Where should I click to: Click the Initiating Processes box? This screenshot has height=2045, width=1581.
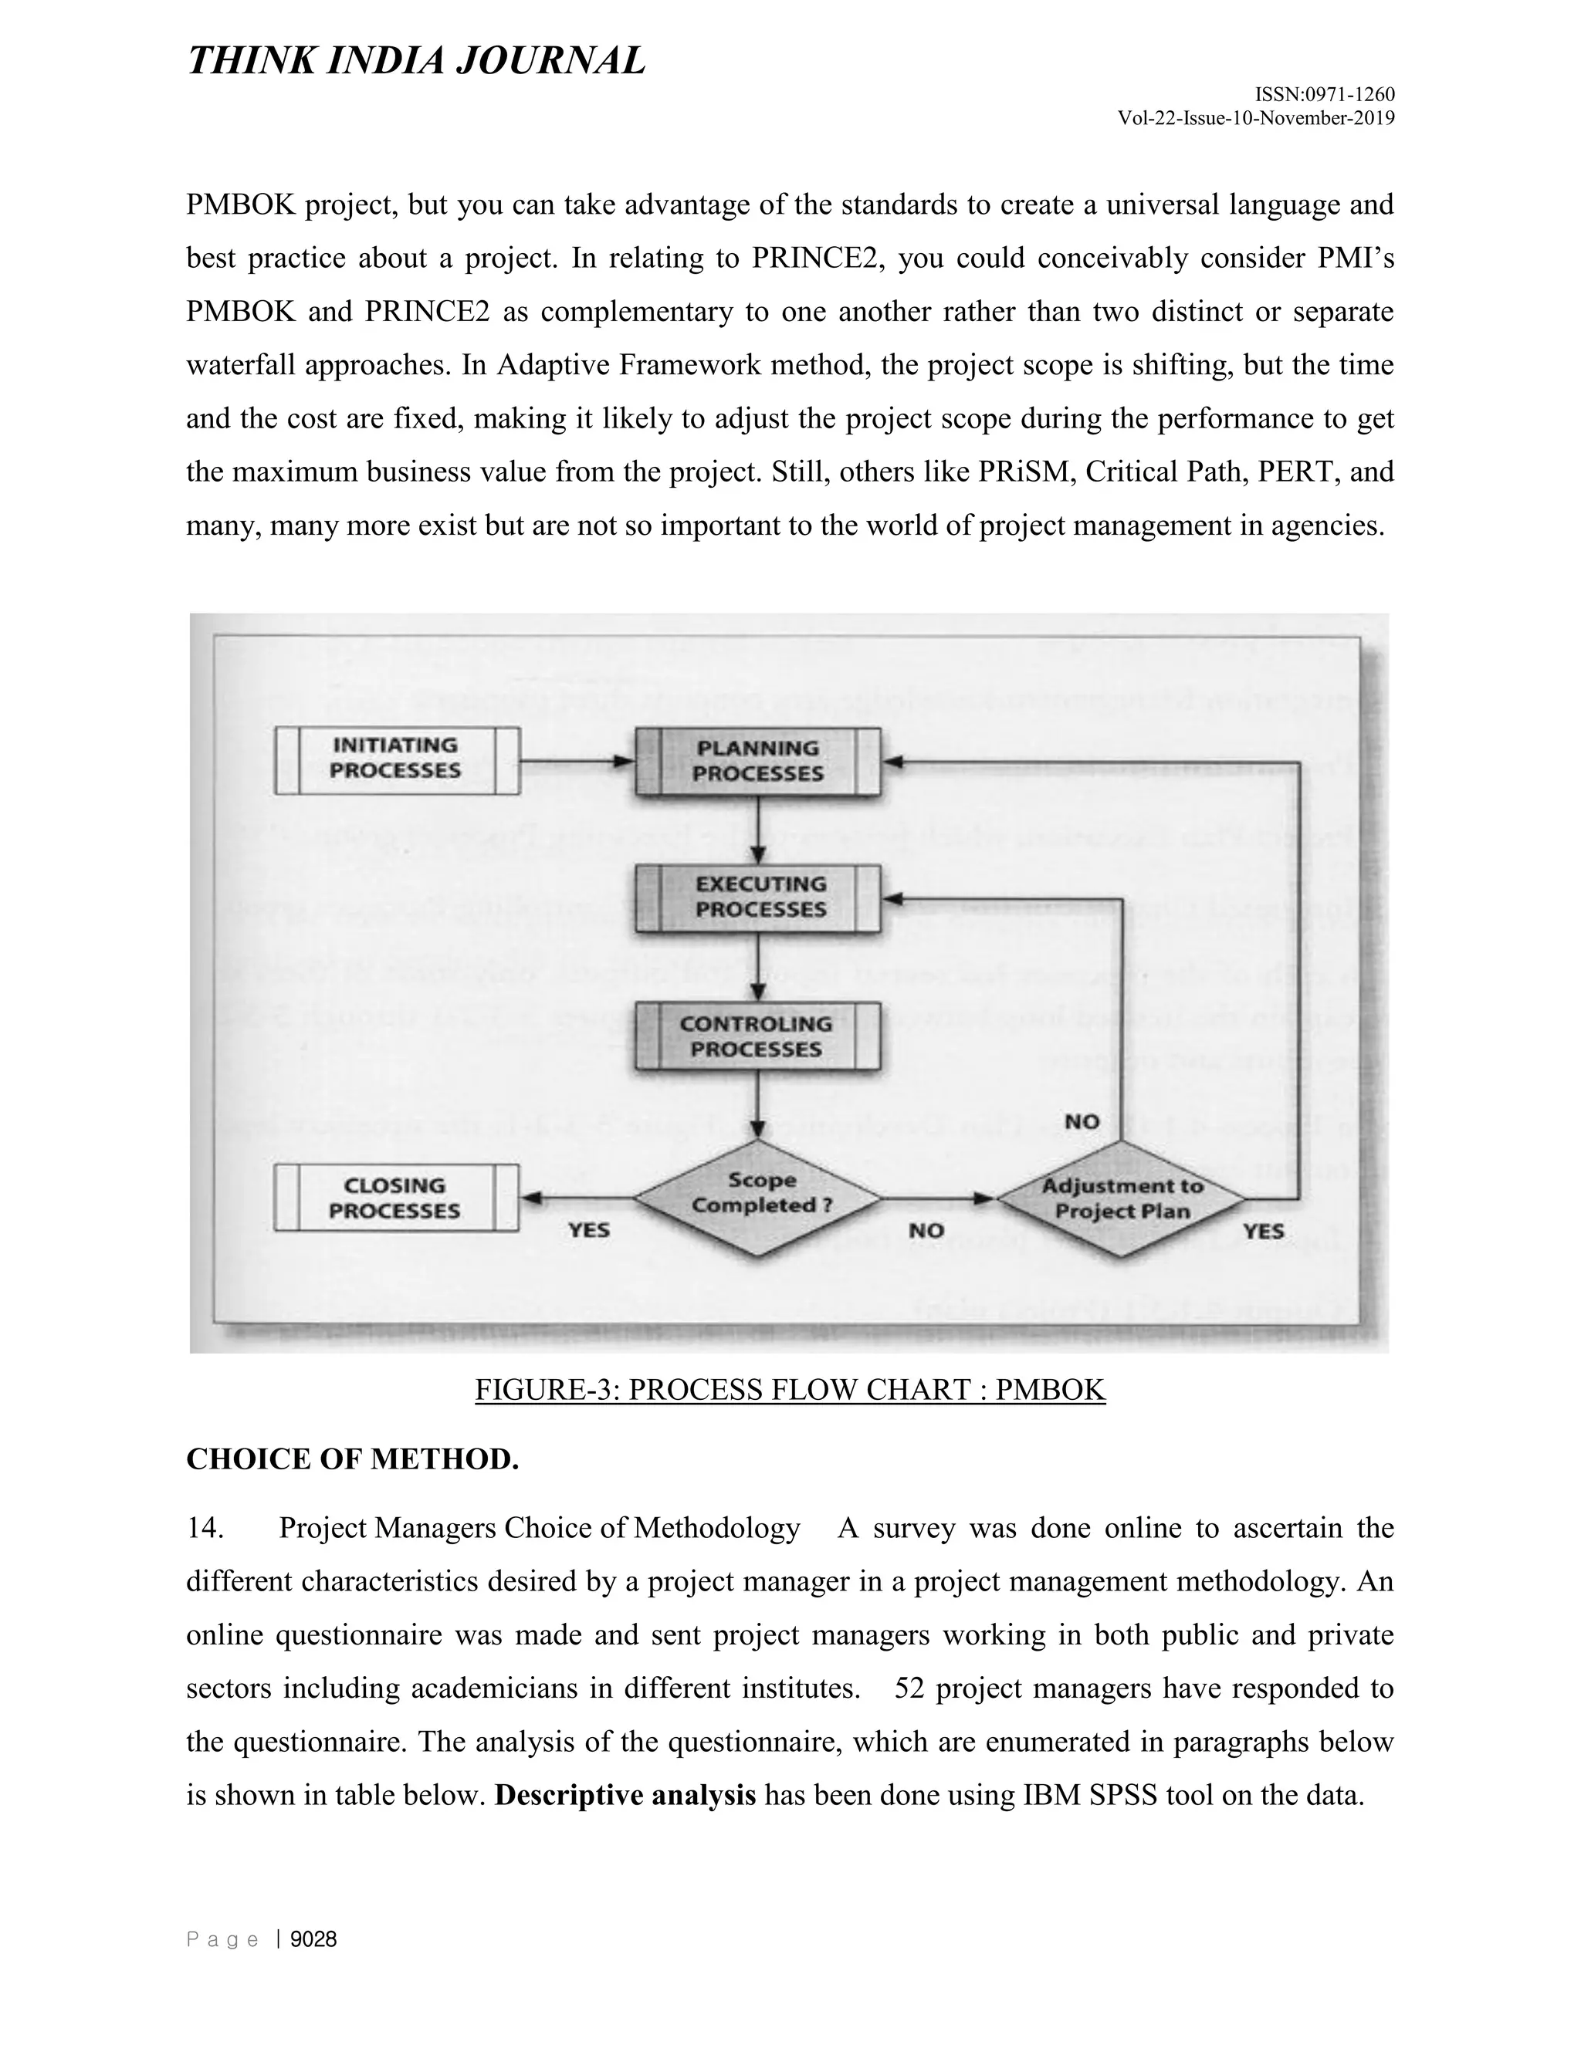pos(396,759)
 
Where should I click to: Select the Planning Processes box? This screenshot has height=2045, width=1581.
pos(758,761)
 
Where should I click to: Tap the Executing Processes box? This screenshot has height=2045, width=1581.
pos(758,897)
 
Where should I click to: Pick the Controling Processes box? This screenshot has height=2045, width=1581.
pos(757,1036)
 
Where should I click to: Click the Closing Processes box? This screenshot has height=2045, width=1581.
pos(396,1198)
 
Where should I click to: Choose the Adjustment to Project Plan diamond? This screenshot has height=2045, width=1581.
pos(1121,1198)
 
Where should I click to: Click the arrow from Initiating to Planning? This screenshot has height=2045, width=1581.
pos(576,761)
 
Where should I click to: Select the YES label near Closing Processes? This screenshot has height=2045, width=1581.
pos(588,1229)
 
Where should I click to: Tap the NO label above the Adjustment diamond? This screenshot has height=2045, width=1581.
pos(1082,1121)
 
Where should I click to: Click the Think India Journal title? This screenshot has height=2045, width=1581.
pos(417,61)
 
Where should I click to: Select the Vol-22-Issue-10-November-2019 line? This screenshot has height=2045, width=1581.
pos(1256,118)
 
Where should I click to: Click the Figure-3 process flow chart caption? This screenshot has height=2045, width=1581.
pos(790,1390)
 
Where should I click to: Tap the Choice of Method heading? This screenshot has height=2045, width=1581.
pos(352,1459)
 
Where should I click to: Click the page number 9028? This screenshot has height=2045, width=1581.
pos(313,1939)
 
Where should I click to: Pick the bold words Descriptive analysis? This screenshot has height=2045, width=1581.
pos(625,1795)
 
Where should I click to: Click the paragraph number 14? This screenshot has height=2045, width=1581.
pos(204,1528)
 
